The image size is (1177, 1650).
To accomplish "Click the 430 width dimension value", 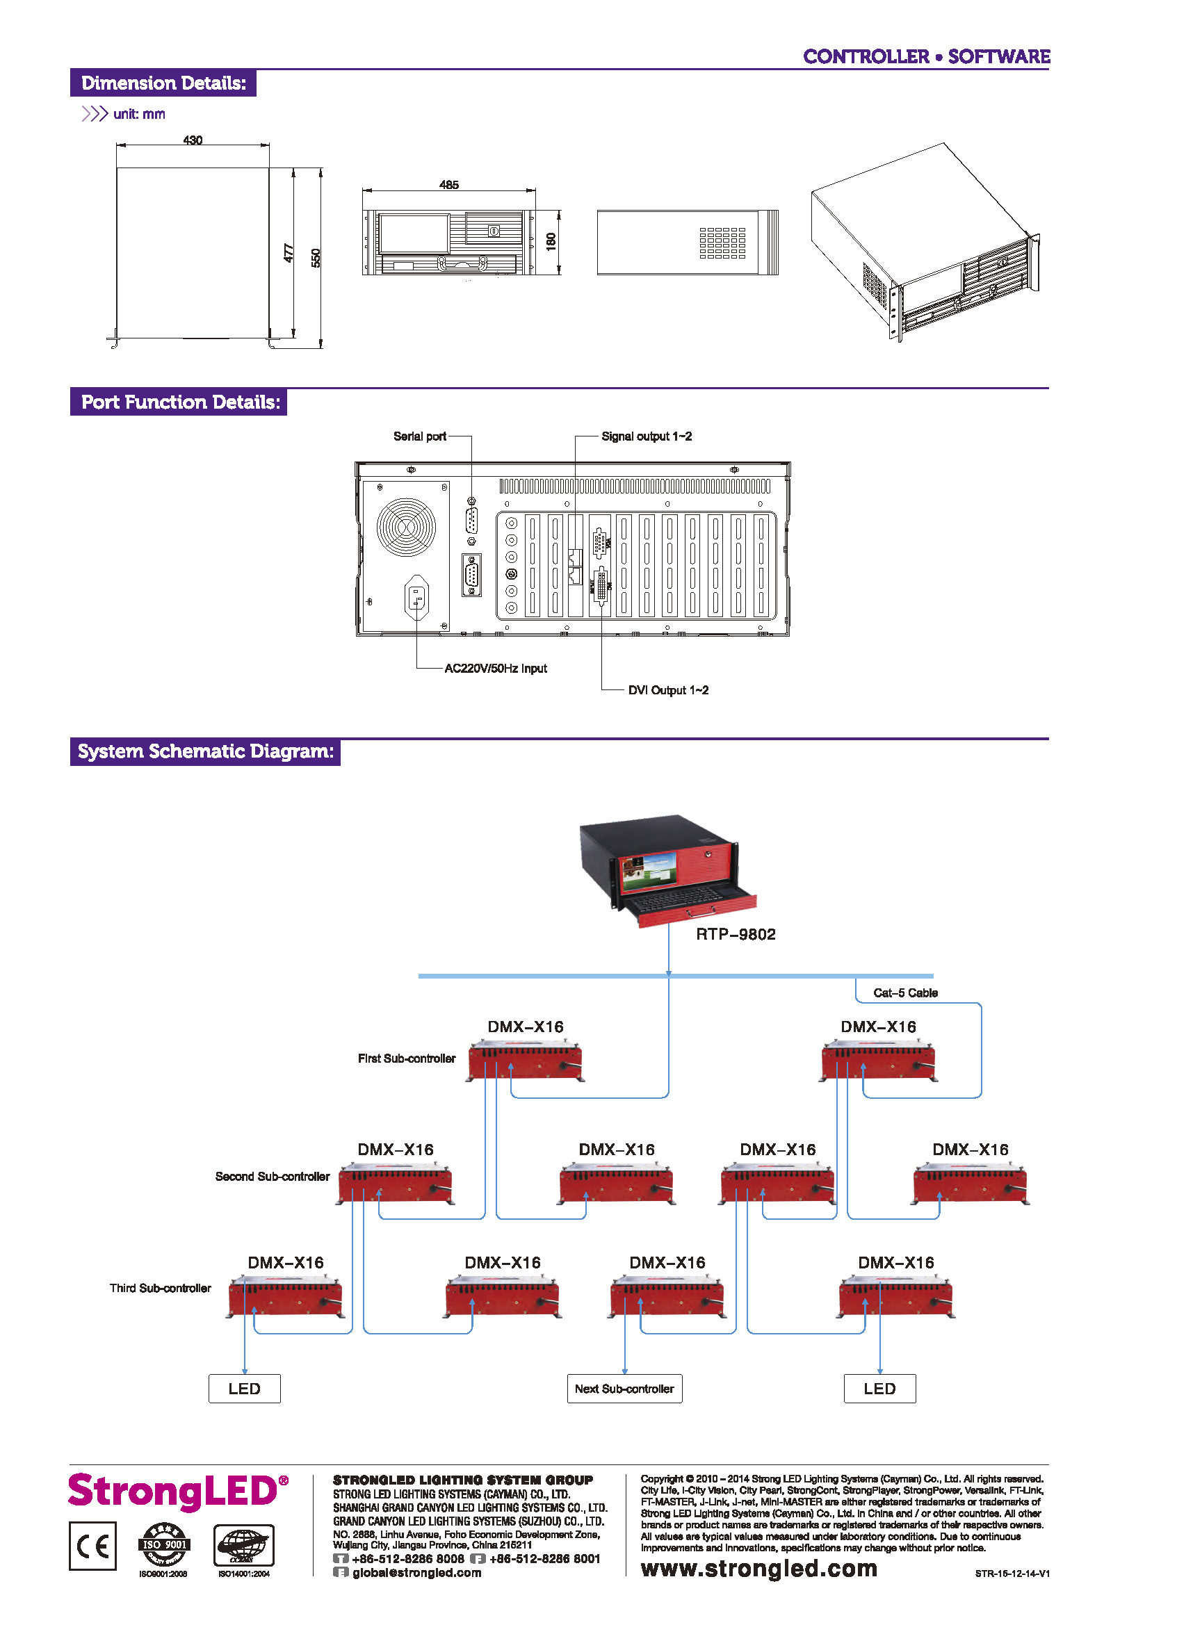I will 192,140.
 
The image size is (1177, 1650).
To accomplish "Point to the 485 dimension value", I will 448,185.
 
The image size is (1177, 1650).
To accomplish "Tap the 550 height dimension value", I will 315,257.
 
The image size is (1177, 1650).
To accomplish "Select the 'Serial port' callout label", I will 420,436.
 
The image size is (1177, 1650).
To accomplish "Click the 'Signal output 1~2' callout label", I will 647,436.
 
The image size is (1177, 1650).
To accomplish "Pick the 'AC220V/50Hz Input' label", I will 496,668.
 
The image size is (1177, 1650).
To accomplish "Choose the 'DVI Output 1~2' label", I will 668,690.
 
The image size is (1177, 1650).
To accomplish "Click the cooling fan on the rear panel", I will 407,527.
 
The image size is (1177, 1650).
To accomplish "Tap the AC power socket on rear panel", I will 416,597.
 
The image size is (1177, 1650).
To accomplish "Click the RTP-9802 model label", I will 736,934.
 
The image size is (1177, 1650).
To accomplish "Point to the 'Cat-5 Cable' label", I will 905,993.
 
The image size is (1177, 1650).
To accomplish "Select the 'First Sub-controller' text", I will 407,1059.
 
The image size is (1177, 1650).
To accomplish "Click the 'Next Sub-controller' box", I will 624,1389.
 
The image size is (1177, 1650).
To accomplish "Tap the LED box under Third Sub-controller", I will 244,1389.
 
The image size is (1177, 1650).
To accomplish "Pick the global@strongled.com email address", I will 416,1572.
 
